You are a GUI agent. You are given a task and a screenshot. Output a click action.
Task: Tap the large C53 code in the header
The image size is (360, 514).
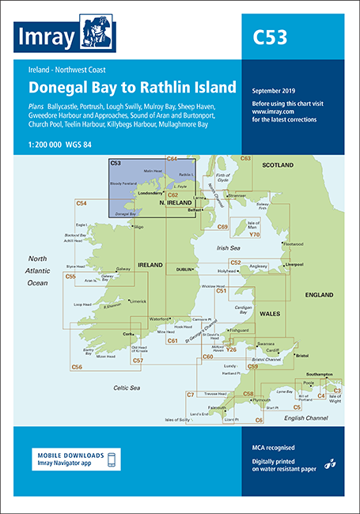[x=271, y=36]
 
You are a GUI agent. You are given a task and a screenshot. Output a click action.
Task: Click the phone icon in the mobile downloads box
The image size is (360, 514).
[x=112, y=459]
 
